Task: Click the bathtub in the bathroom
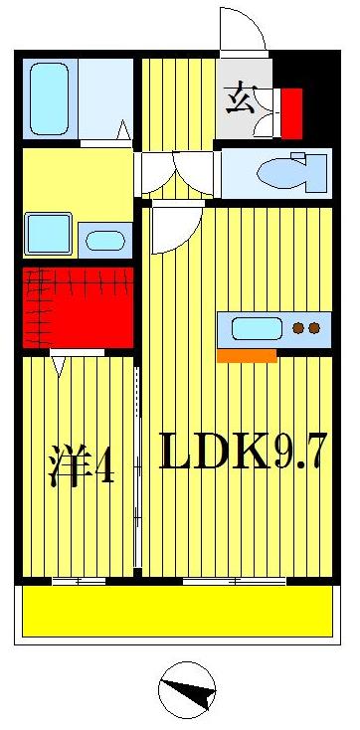49,98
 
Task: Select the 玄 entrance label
240,100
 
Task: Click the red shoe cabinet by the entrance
290,113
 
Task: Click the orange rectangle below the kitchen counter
247,355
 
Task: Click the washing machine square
48,234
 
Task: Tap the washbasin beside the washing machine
103,240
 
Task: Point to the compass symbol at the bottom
187,690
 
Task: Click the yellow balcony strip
177,610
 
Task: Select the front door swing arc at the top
242,30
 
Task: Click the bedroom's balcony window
79,580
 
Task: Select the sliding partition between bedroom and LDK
139,467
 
